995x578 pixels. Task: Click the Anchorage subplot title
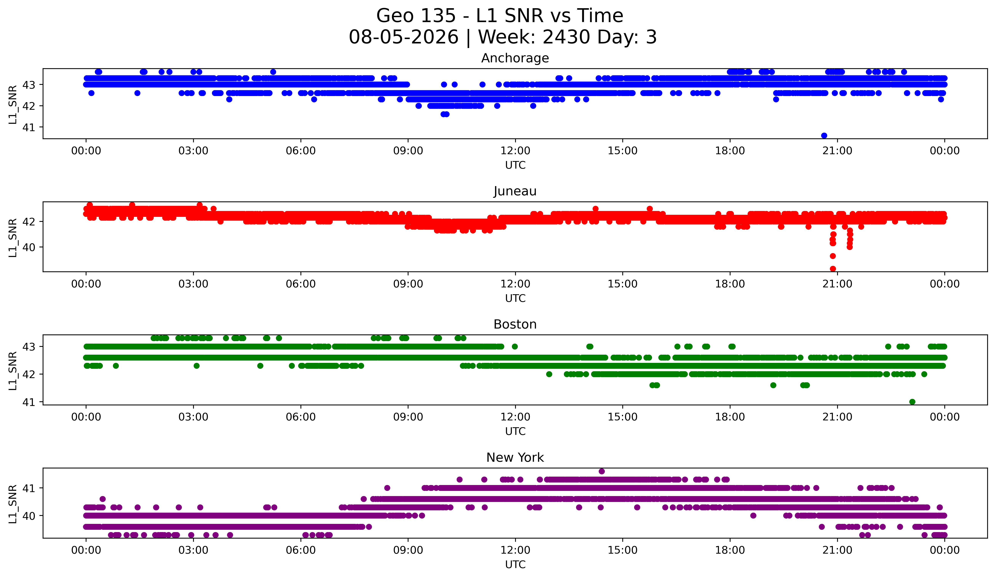(515, 58)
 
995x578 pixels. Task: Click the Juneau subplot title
(515, 191)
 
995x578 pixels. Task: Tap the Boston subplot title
(515, 324)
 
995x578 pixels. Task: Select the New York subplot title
(515, 458)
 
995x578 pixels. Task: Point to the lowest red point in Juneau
(833, 269)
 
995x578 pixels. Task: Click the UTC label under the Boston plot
(515, 431)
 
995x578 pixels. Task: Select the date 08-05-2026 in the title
(404, 37)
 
